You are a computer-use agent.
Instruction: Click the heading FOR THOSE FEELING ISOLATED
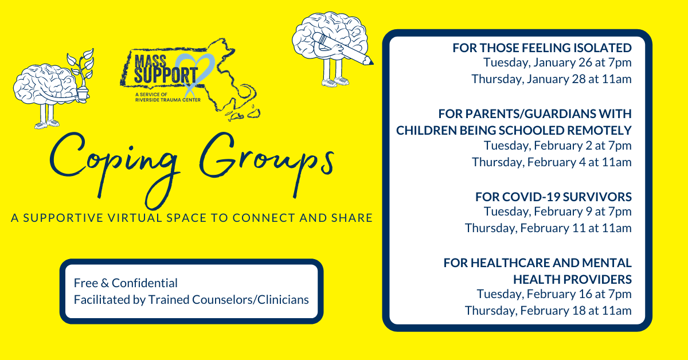(542, 48)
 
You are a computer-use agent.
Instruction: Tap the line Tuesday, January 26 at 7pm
(557, 63)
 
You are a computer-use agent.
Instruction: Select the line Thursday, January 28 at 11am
(551, 79)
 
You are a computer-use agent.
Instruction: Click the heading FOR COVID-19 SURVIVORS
(553, 197)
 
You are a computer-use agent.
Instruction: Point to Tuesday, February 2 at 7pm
(557, 146)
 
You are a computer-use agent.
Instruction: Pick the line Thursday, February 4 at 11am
(552, 162)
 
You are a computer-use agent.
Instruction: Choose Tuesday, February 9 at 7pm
(557, 212)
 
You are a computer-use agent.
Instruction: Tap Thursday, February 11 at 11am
(548, 228)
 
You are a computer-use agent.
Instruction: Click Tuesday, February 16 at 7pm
(554, 295)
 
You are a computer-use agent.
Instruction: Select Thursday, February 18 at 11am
(548, 311)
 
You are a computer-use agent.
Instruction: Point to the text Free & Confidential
(126, 283)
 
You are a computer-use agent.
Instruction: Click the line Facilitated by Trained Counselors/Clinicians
(191, 299)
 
